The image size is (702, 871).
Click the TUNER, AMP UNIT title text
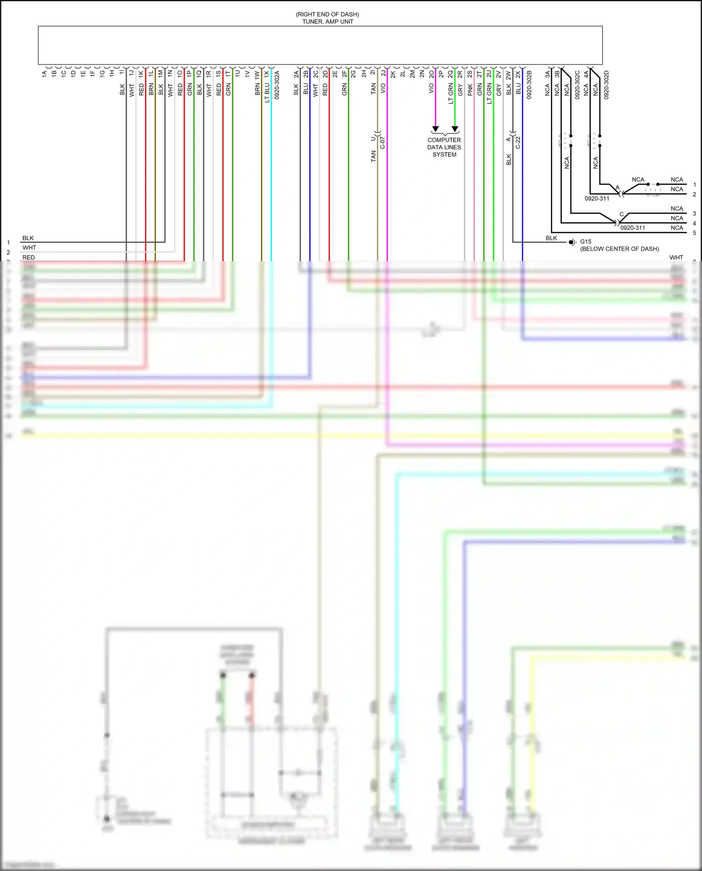(328, 22)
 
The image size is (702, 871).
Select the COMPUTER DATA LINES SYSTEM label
(444, 147)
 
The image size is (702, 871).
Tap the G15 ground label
(585, 242)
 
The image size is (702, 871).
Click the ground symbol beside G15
(572, 242)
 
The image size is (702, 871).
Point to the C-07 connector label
(382, 143)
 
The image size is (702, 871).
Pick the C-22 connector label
(518, 143)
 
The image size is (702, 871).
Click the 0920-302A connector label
(277, 85)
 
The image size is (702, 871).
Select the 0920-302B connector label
(529, 85)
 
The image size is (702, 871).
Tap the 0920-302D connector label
(607, 85)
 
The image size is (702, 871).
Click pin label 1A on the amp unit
(44, 73)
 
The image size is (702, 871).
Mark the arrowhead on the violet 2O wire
(435, 129)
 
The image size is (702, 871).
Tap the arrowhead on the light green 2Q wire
(454, 129)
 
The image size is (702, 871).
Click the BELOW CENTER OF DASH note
(619, 249)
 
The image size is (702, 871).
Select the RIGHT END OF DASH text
(328, 15)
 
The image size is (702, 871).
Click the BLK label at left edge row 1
(28, 238)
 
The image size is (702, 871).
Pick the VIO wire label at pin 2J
(383, 88)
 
